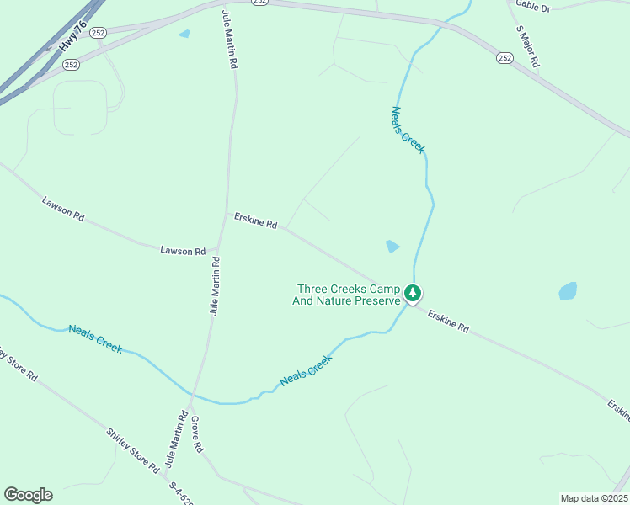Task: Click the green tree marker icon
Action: pyautogui.click(x=412, y=293)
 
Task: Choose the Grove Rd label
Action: pyautogui.click(x=197, y=434)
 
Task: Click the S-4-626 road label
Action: pyautogui.click(x=181, y=492)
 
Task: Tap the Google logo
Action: pyautogui.click(x=28, y=495)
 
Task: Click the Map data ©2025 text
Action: pyautogui.click(x=593, y=498)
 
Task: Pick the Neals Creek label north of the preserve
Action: pyautogui.click(x=408, y=130)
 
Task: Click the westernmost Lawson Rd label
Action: pyautogui.click(x=63, y=209)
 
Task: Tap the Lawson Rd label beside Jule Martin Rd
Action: pyautogui.click(x=183, y=251)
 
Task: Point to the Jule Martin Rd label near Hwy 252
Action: pyautogui.click(x=229, y=40)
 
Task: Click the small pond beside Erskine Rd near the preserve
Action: pyautogui.click(x=392, y=247)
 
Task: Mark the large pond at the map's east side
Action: pyautogui.click(x=569, y=291)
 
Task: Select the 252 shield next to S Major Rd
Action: pyautogui.click(x=505, y=57)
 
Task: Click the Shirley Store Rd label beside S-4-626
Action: pyautogui.click(x=132, y=450)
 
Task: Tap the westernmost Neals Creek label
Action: pyautogui.click(x=95, y=338)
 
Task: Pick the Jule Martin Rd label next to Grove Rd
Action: pyautogui.click(x=175, y=439)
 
